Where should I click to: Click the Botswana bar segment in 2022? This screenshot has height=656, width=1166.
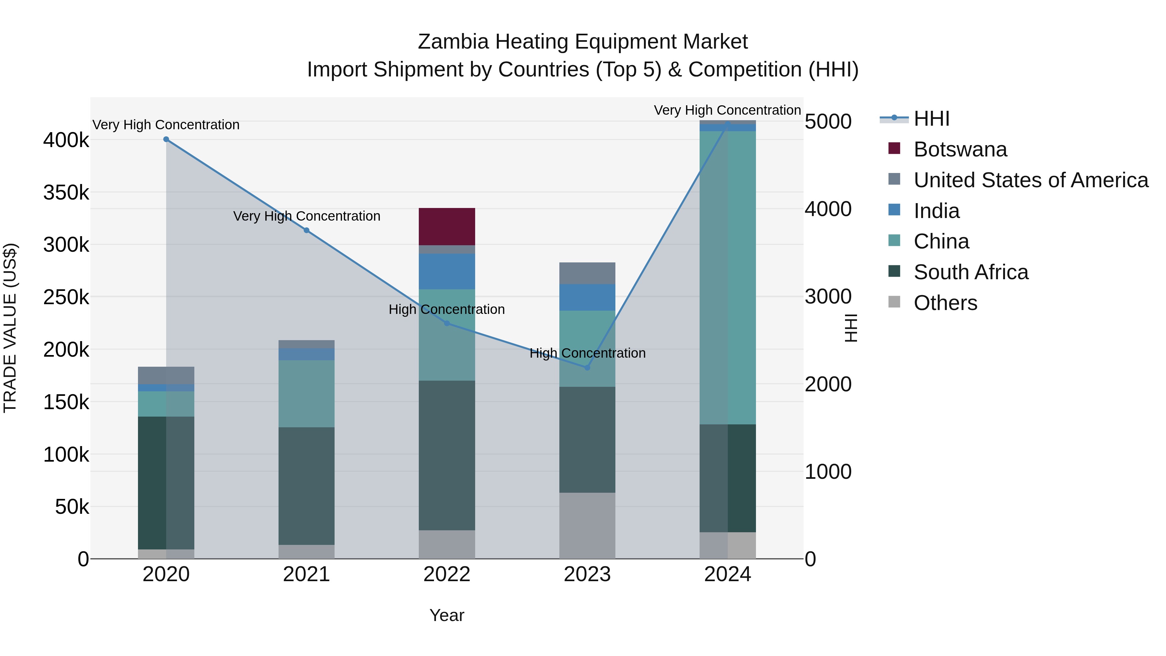tap(447, 226)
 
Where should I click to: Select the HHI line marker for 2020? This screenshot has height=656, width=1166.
tap(166, 139)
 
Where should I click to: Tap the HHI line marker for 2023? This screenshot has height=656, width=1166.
tap(587, 368)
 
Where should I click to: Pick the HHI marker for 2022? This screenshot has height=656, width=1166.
tap(447, 323)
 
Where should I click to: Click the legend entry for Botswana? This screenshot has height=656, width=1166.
tap(960, 149)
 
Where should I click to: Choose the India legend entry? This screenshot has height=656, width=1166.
tap(936, 211)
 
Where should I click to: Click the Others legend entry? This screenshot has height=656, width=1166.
tap(945, 303)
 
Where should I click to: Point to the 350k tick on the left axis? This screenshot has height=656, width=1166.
tap(66, 193)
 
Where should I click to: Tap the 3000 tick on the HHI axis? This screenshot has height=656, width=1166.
tap(828, 297)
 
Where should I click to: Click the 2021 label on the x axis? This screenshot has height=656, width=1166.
tap(306, 574)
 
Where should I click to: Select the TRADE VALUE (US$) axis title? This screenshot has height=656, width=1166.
tap(10, 328)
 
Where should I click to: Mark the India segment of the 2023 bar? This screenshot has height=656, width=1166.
tap(587, 297)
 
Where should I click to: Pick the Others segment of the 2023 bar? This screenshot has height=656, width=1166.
tap(587, 525)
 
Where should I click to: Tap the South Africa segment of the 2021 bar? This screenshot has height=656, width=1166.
tap(306, 486)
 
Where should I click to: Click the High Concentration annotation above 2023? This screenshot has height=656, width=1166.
tap(588, 353)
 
